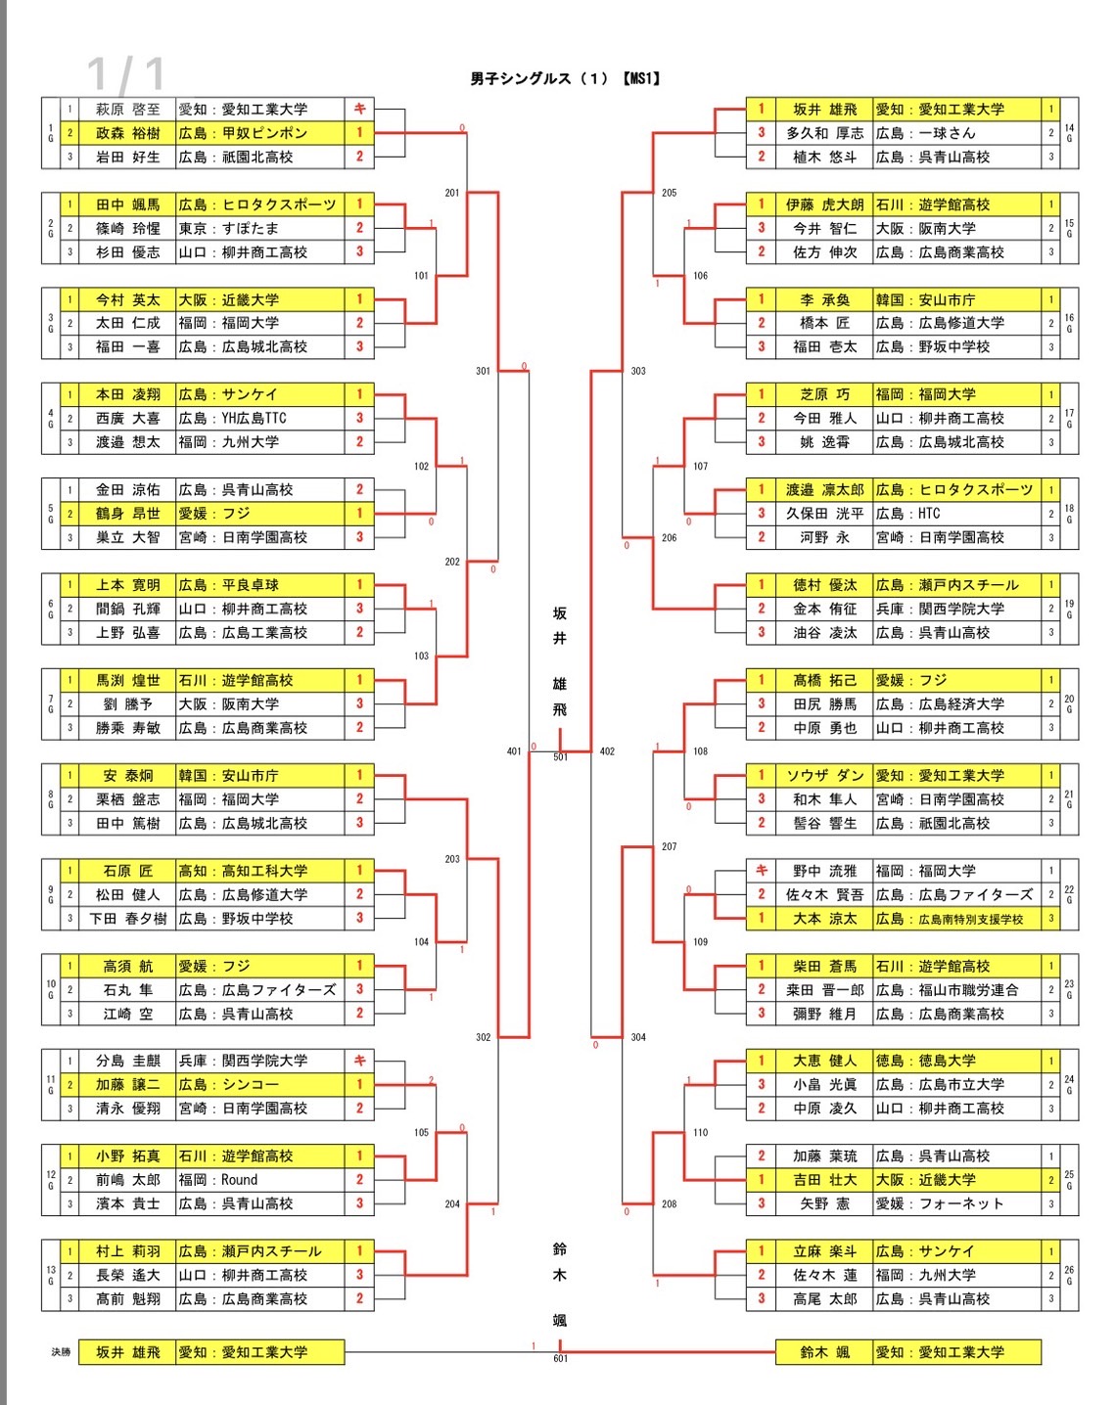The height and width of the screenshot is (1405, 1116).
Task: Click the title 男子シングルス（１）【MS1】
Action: tap(565, 78)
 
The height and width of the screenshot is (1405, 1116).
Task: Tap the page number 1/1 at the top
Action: tap(125, 74)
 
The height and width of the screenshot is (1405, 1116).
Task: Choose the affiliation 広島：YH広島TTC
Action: tap(232, 419)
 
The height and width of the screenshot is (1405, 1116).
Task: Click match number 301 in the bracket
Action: tap(483, 371)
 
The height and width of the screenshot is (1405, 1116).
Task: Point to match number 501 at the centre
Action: tap(560, 757)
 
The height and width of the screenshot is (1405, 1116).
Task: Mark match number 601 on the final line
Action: tap(560, 1359)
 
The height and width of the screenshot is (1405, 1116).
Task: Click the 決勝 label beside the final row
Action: tap(61, 1352)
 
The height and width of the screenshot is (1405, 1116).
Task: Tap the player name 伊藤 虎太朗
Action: tap(824, 204)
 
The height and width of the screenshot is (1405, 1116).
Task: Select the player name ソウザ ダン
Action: tap(824, 776)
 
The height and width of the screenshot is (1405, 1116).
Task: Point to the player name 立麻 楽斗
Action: tap(824, 1251)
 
